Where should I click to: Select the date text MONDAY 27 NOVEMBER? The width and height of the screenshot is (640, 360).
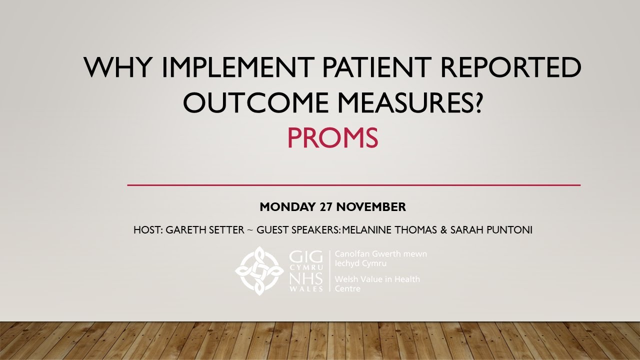coord(332,207)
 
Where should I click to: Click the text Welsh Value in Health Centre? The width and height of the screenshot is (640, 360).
coord(377,284)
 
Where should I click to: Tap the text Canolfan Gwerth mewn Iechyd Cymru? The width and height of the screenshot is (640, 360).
coord(380,258)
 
